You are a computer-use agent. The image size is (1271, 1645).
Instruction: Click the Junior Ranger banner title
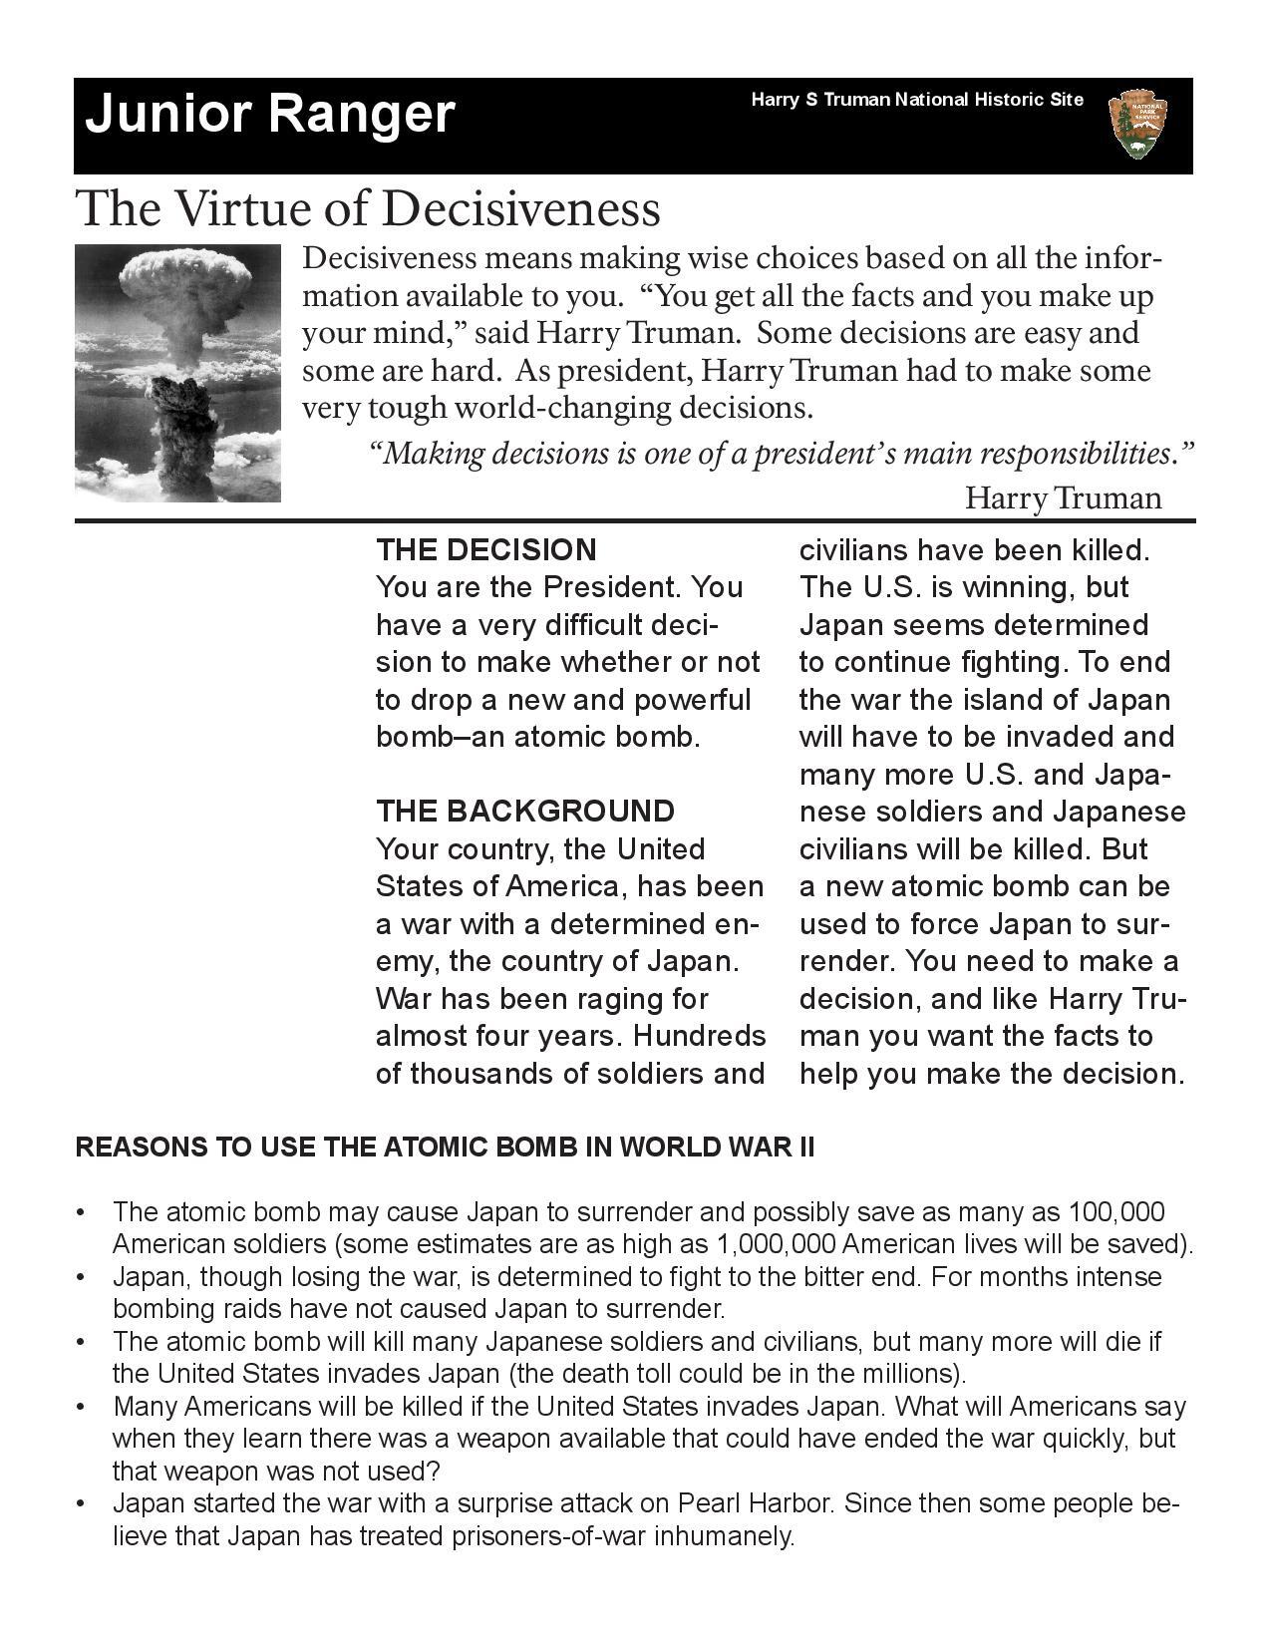click(270, 115)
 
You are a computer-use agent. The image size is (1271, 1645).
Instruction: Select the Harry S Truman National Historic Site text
click(916, 100)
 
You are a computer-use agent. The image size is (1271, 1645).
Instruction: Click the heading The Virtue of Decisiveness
click(368, 208)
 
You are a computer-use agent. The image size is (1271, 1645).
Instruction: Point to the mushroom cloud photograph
click(178, 373)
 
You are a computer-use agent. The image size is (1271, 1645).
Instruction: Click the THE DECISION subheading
click(486, 550)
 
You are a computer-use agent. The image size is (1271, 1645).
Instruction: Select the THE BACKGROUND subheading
click(524, 811)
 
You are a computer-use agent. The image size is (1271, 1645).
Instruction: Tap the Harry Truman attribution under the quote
click(1063, 497)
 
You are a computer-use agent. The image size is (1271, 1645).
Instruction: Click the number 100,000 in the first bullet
click(1115, 1212)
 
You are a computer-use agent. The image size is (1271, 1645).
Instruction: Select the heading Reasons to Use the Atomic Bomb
click(445, 1148)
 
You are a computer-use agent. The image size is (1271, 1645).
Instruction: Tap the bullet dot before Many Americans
click(81, 1408)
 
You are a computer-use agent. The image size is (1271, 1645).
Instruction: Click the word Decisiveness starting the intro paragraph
click(389, 259)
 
